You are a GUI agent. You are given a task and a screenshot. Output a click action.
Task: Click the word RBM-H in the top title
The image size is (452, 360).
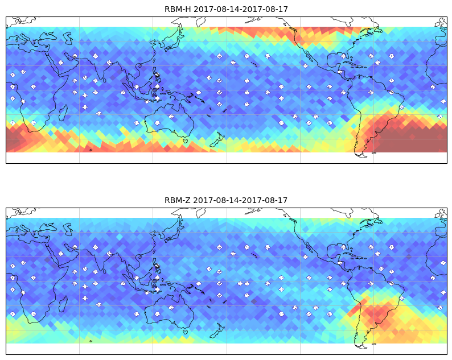[x=178, y=9]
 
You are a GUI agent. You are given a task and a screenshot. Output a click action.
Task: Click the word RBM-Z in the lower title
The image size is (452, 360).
[x=178, y=200]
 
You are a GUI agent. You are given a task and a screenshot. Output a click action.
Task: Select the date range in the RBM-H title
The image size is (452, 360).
[x=241, y=9]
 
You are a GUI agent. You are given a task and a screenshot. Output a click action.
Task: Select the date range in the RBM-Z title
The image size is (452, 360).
[x=240, y=200]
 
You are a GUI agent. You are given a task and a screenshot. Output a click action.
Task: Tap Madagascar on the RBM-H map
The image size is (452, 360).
[x=63, y=113]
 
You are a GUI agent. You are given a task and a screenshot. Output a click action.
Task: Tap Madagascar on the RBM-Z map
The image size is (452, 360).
[x=63, y=304]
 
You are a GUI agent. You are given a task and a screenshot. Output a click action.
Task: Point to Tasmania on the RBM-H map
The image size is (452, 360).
[x=186, y=141]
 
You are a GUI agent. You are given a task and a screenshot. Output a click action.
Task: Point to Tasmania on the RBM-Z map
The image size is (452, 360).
[x=186, y=332]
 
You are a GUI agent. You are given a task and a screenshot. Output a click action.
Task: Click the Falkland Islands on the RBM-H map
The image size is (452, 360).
[x=374, y=153]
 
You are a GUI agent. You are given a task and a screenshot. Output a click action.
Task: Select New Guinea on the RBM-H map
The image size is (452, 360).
[x=179, y=97]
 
